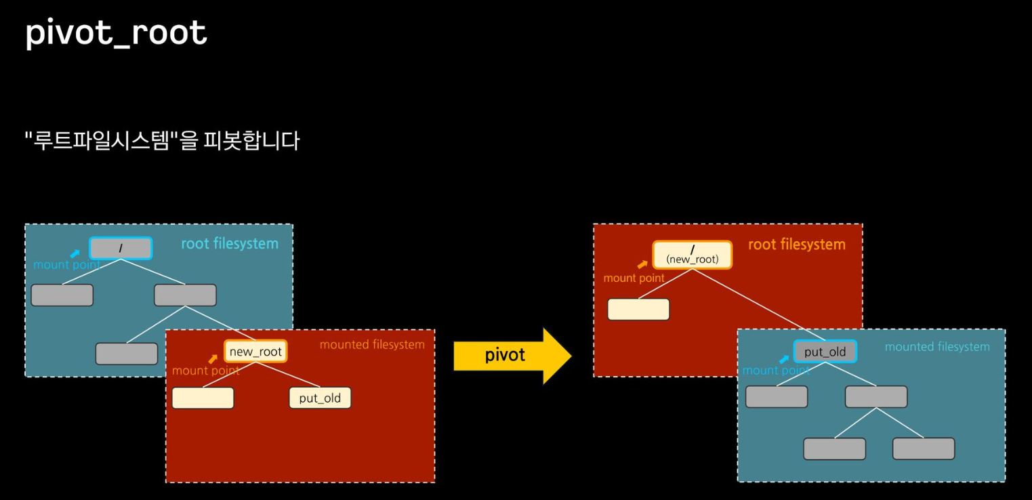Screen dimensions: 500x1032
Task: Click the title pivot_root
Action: pyautogui.click(x=116, y=33)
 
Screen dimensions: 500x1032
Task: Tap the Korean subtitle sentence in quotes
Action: pyautogui.click(x=162, y=141)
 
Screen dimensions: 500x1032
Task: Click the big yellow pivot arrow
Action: pyautogui.click(x=512, y=356)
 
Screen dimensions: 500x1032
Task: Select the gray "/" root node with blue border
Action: pyautogui.click(x=121, y=248)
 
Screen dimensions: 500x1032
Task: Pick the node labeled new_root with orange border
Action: pyautogui.click(x=255, y=352)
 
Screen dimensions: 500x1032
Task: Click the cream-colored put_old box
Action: pyautogui.click(x=320, y=398)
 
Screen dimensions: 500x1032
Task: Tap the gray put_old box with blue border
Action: pyautogui.click(x=825, y=352)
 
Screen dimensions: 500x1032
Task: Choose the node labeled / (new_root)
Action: pyautogui.click(x=692, y=255)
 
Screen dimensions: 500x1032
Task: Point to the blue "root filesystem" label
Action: pyautogui.click(x=230, y=244)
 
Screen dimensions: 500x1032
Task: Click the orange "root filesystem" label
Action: pyautogui.click(x=796, y=245)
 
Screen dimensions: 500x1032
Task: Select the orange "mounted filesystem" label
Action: pyautogui.click(x=372, y=345)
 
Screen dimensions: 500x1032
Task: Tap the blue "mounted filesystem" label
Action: pyautogui.click(x=937, y=347)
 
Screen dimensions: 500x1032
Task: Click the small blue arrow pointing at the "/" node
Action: pyautogui.click(x=75, y=254)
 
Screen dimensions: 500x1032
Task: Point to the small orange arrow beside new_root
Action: pyautogui.click(x=213, y=359)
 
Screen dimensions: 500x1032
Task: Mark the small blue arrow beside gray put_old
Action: pyautogui.click(x=784, y=359)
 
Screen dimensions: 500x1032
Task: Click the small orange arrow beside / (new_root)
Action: pyautogui.click(x=642, y=264)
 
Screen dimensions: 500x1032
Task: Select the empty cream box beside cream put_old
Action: pyautogui.click(x=203, y=398)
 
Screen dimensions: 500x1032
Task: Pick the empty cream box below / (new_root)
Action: pyautogui.click(x=638, y=309)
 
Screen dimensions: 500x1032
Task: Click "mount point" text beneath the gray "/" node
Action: pyautogui.click(x=66, y=265)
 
